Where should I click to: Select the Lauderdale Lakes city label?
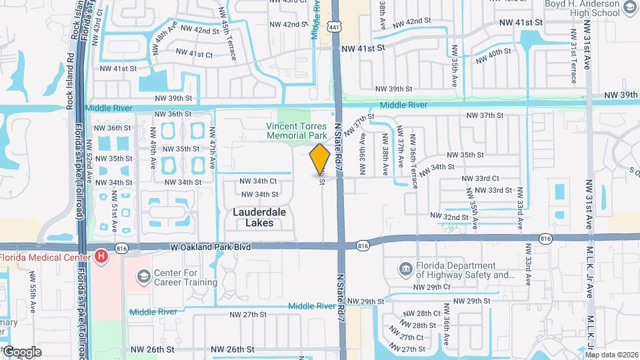(253, 217)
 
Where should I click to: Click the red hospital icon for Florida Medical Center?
(101, 255)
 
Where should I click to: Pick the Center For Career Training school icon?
(143, 277)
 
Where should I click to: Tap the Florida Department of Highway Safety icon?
(405, 269)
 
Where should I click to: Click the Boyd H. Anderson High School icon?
(630, 8)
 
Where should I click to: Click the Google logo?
(21, 352)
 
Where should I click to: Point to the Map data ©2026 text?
(611, 355)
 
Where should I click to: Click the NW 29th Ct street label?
(432, 287)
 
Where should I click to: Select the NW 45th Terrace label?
(229, 41)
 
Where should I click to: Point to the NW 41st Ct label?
(195, 54)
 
